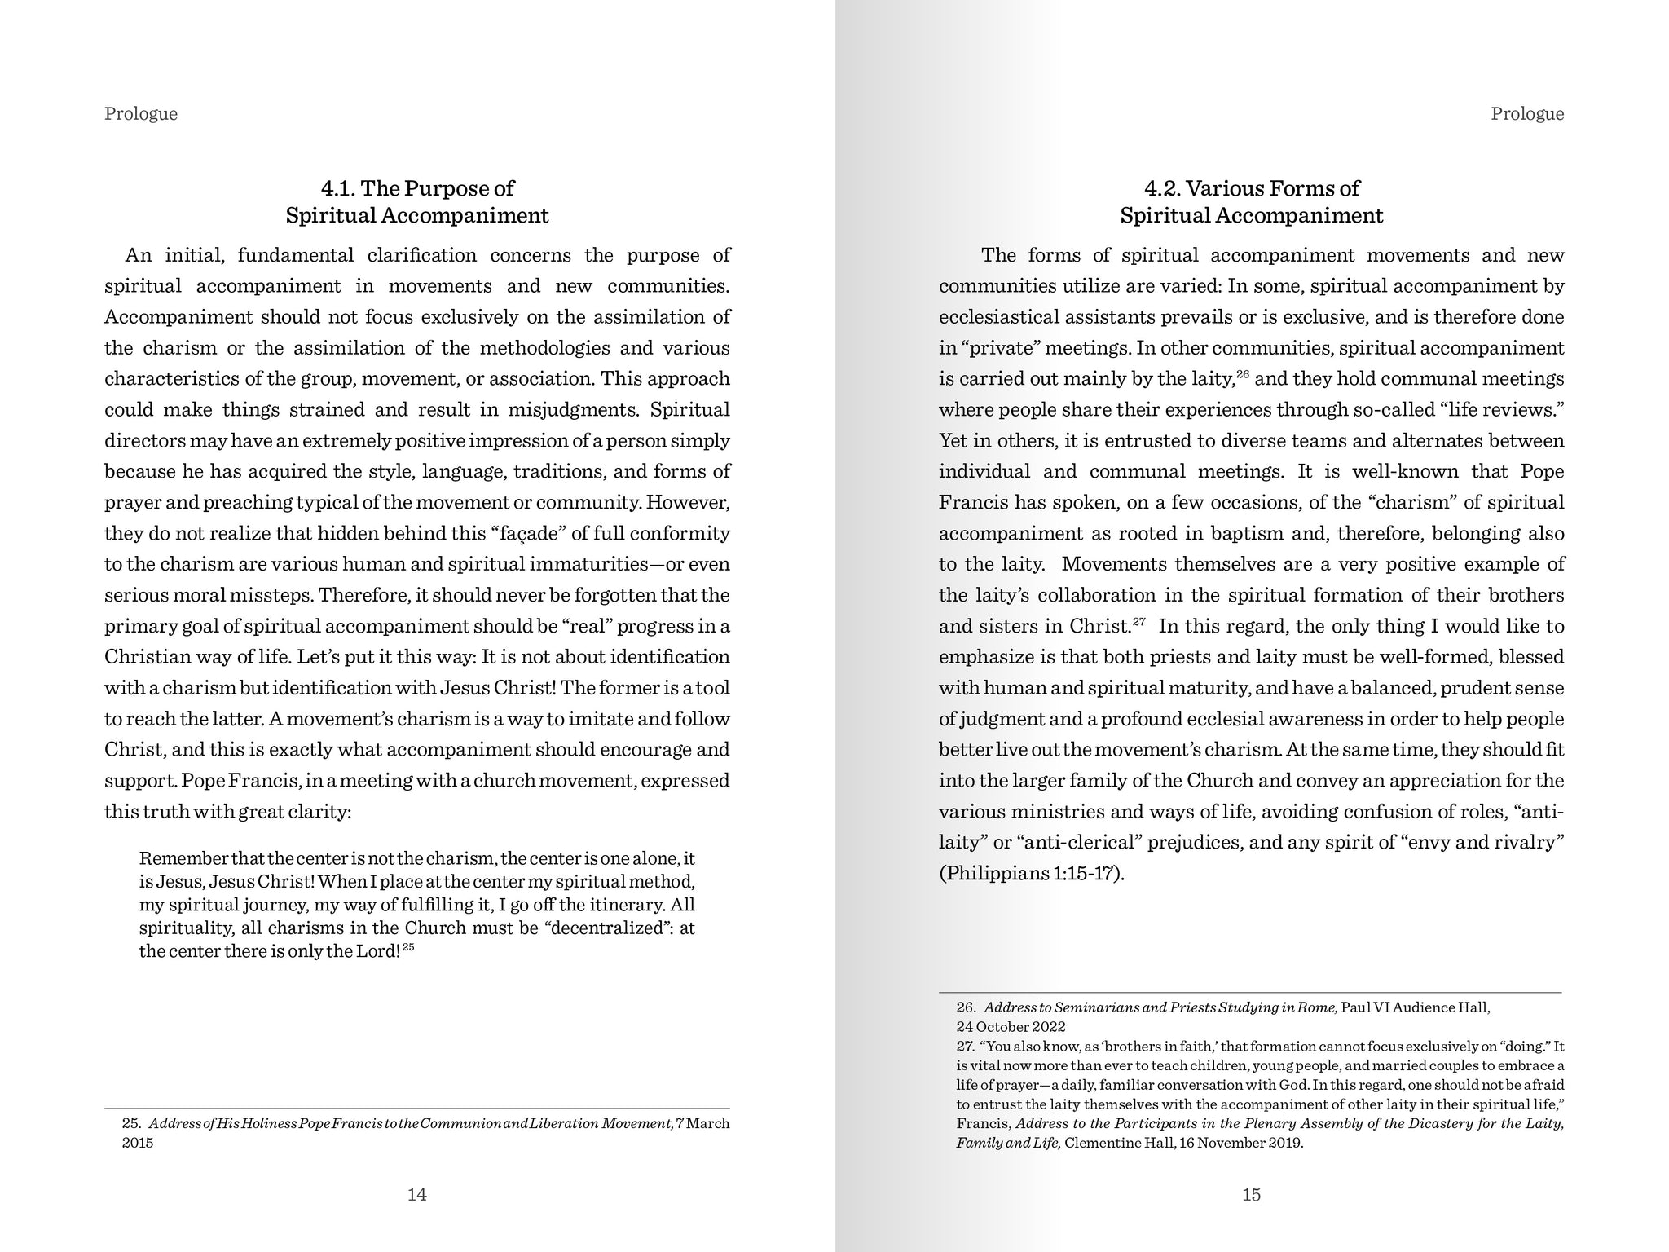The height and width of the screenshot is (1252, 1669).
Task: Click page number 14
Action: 416,1195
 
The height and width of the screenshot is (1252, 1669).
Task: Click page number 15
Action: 1251,1195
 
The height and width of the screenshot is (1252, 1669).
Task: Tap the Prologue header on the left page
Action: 141,113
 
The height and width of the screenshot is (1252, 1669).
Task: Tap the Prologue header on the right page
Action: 1527,113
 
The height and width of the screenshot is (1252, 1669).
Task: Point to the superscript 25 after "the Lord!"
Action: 408,947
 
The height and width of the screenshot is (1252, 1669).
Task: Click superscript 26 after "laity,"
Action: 1243,374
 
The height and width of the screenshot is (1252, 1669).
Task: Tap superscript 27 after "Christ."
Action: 1139,622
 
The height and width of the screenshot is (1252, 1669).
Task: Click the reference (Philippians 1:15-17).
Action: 1032,873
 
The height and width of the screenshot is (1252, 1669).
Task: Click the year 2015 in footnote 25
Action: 138,1143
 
